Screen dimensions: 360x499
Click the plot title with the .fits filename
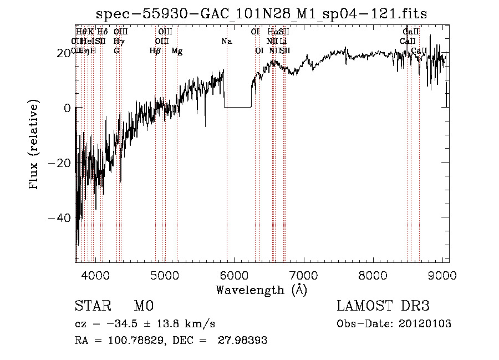point(261,14)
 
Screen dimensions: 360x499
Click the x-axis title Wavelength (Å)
point(261,290)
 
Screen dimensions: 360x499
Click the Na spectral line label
point(226,41)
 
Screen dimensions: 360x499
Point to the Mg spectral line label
point(177,50)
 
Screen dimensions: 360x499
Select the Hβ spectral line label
point(155,50)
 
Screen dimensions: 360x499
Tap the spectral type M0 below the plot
point(143,306)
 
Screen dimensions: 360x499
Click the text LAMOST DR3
point(383,306)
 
